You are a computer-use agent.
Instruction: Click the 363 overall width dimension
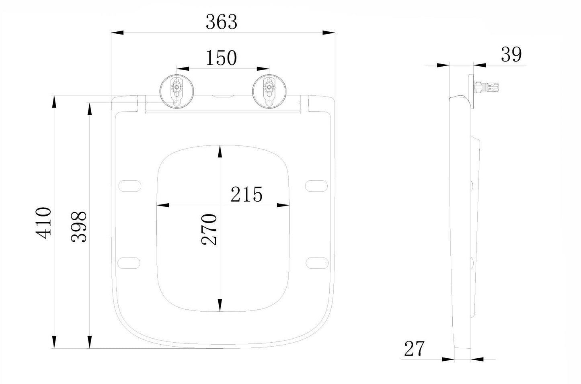pyautogui.click(x=222, y=22)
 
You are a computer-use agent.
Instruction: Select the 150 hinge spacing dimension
pyautogui.click(x=221, y=58)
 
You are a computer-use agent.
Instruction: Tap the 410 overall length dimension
pyautogui.click(x=43, y=223)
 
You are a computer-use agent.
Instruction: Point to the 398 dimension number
pyautogui.click(x=78, y=227)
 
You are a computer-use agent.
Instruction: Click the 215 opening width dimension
pyautogui.click(x=246, y=194)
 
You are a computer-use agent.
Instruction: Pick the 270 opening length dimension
pyautogui.click(x=209, y=230)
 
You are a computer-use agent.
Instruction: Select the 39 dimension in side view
pyautogui.click(x=511, y=55)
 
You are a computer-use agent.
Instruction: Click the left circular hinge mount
pyautogui.click(x=177, y=92)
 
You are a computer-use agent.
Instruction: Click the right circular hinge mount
pyautogui.click(x=269, y=92)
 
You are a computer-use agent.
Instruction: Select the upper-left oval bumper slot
pyautogui.click(x=130, y=186)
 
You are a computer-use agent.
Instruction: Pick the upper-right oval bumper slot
pyautogui.click(x=316, y=186)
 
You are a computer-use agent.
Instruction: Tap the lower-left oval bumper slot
pyautogui.click(x=129, y=263)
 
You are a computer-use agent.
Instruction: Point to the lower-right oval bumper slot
pyautogui.click(x=317, y=263)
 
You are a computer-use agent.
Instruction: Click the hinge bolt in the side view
pyautogui.click(x=487, y=87)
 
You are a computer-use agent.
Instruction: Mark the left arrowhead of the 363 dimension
pyautogui.click(x=117, y=33)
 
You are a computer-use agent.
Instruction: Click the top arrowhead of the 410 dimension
pyautogui.click(x=54, y=101)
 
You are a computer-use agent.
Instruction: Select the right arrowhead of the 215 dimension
pyautogui.click(x=283, y=205)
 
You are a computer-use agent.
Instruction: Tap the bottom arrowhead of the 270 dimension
pyautogui.click(x=220, y=305)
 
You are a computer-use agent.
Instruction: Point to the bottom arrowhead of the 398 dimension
pyautogui.click(x=90, y=342)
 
